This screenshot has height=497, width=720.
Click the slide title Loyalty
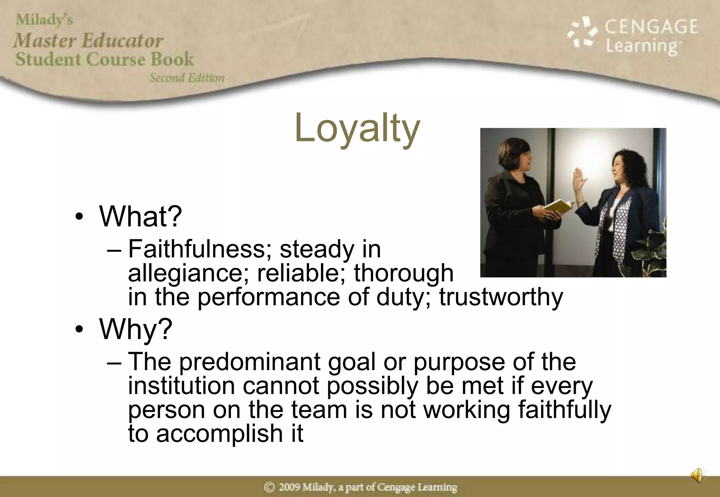click(x=357, y=128)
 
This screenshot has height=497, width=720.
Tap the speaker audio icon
click(x=697, y=475)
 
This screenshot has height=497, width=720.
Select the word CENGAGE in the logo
click(x=651, y=27)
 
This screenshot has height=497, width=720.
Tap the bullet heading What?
click(x=141, y=216)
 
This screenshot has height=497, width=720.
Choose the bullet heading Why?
click(x=136, y=329)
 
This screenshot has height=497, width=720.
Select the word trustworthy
click(x=501, y=297)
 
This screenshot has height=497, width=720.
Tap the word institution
click(x=181, y=386)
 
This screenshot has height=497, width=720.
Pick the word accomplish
click(x=219, y=433)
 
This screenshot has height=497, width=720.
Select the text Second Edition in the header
click(x=187, y=78)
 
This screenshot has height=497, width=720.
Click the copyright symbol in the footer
click(x=269, y=487)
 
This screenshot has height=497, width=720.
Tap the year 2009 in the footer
click(x=289, y=487)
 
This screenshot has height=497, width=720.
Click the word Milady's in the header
click(x=44, y=20)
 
